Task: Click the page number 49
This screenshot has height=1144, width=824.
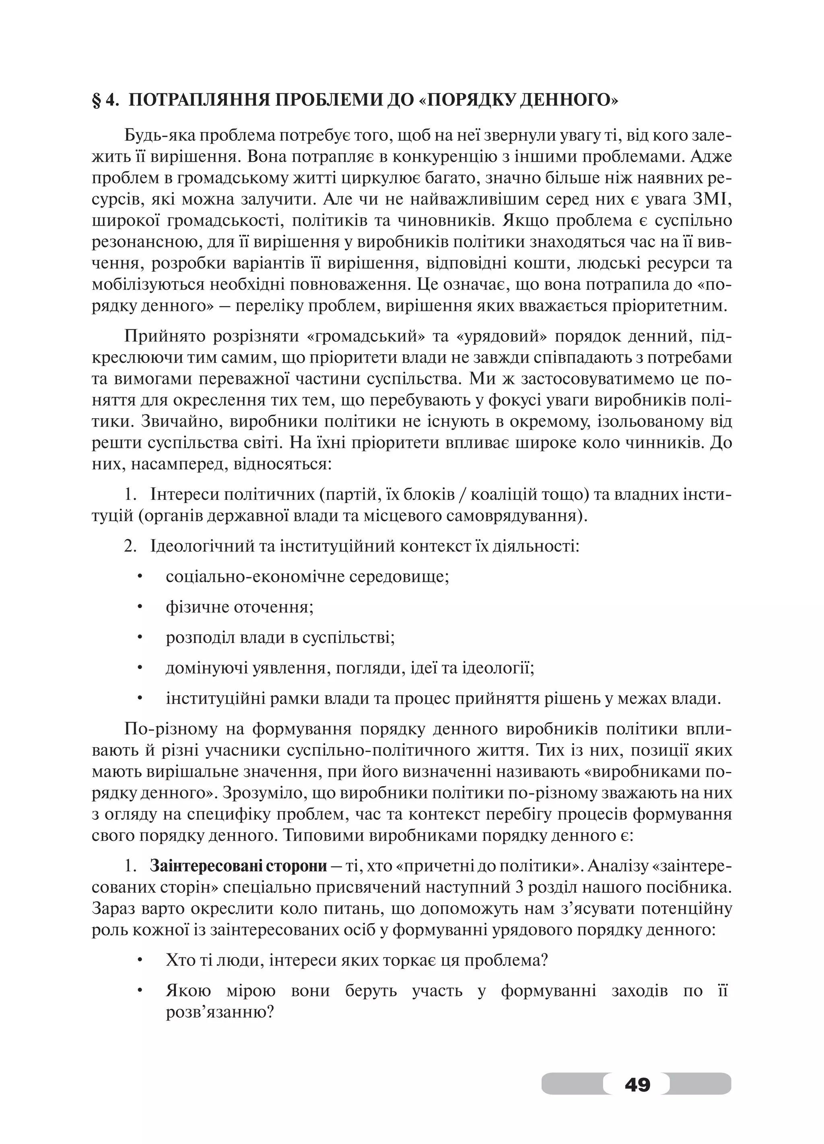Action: (x=637, y=1083)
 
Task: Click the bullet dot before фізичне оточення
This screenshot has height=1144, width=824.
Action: (x=140, y=607)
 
